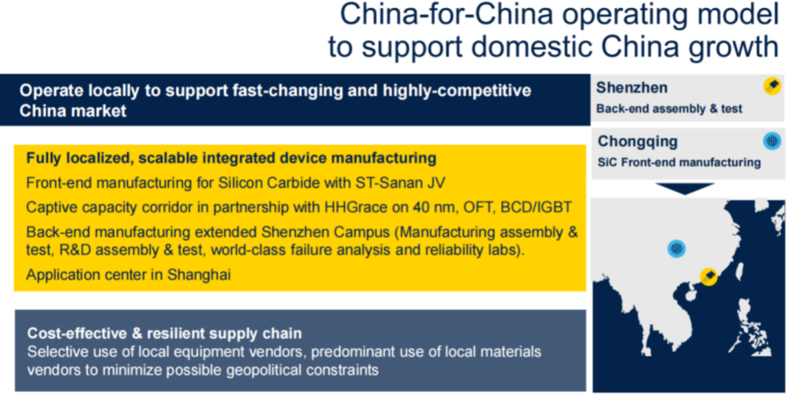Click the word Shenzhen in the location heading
coord(631,88)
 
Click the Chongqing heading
coord(638,141)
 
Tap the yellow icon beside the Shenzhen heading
coord(772,86)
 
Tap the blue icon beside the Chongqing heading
coord(772,141)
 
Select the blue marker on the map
coord(677,248)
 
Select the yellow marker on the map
coord(709,276)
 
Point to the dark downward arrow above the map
coord(685,189)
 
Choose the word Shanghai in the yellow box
coord(200,275)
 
